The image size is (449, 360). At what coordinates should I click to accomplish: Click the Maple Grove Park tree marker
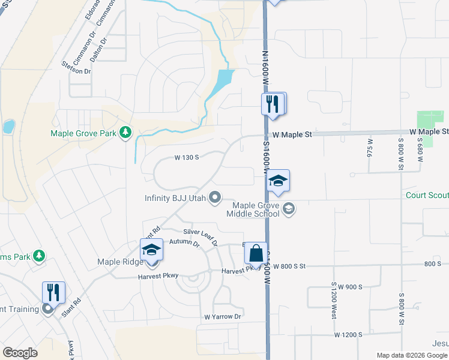pos(125,132)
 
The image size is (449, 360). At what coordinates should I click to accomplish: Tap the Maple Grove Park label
pos(83,133)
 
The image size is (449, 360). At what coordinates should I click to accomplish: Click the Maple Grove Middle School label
pos(253,209)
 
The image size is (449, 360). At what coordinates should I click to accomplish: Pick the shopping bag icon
pos(256,253)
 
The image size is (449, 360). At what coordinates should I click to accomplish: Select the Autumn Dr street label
pos(184,243)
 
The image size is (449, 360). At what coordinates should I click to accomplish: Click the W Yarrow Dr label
pos(222,316)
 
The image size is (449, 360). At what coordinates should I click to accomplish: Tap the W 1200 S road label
pos(349,334)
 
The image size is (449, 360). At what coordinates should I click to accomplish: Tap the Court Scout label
pos(427,194)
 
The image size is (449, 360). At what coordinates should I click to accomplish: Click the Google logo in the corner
pos(20,353)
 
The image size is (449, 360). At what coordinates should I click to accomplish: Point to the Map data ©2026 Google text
pos(411,355)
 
